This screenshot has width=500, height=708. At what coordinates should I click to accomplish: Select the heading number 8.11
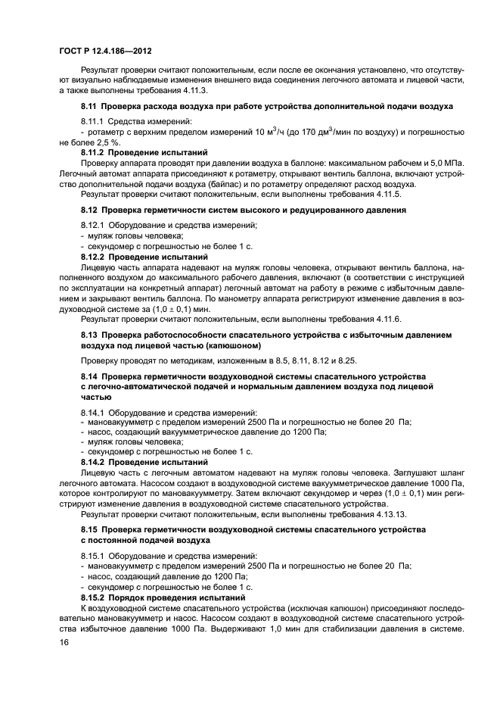pos(90,106)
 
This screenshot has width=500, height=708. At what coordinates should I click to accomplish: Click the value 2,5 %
pos(106,142)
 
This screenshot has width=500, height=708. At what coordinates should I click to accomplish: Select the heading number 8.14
pos(90,376)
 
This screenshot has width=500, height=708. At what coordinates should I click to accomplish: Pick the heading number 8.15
pos(90,528)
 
